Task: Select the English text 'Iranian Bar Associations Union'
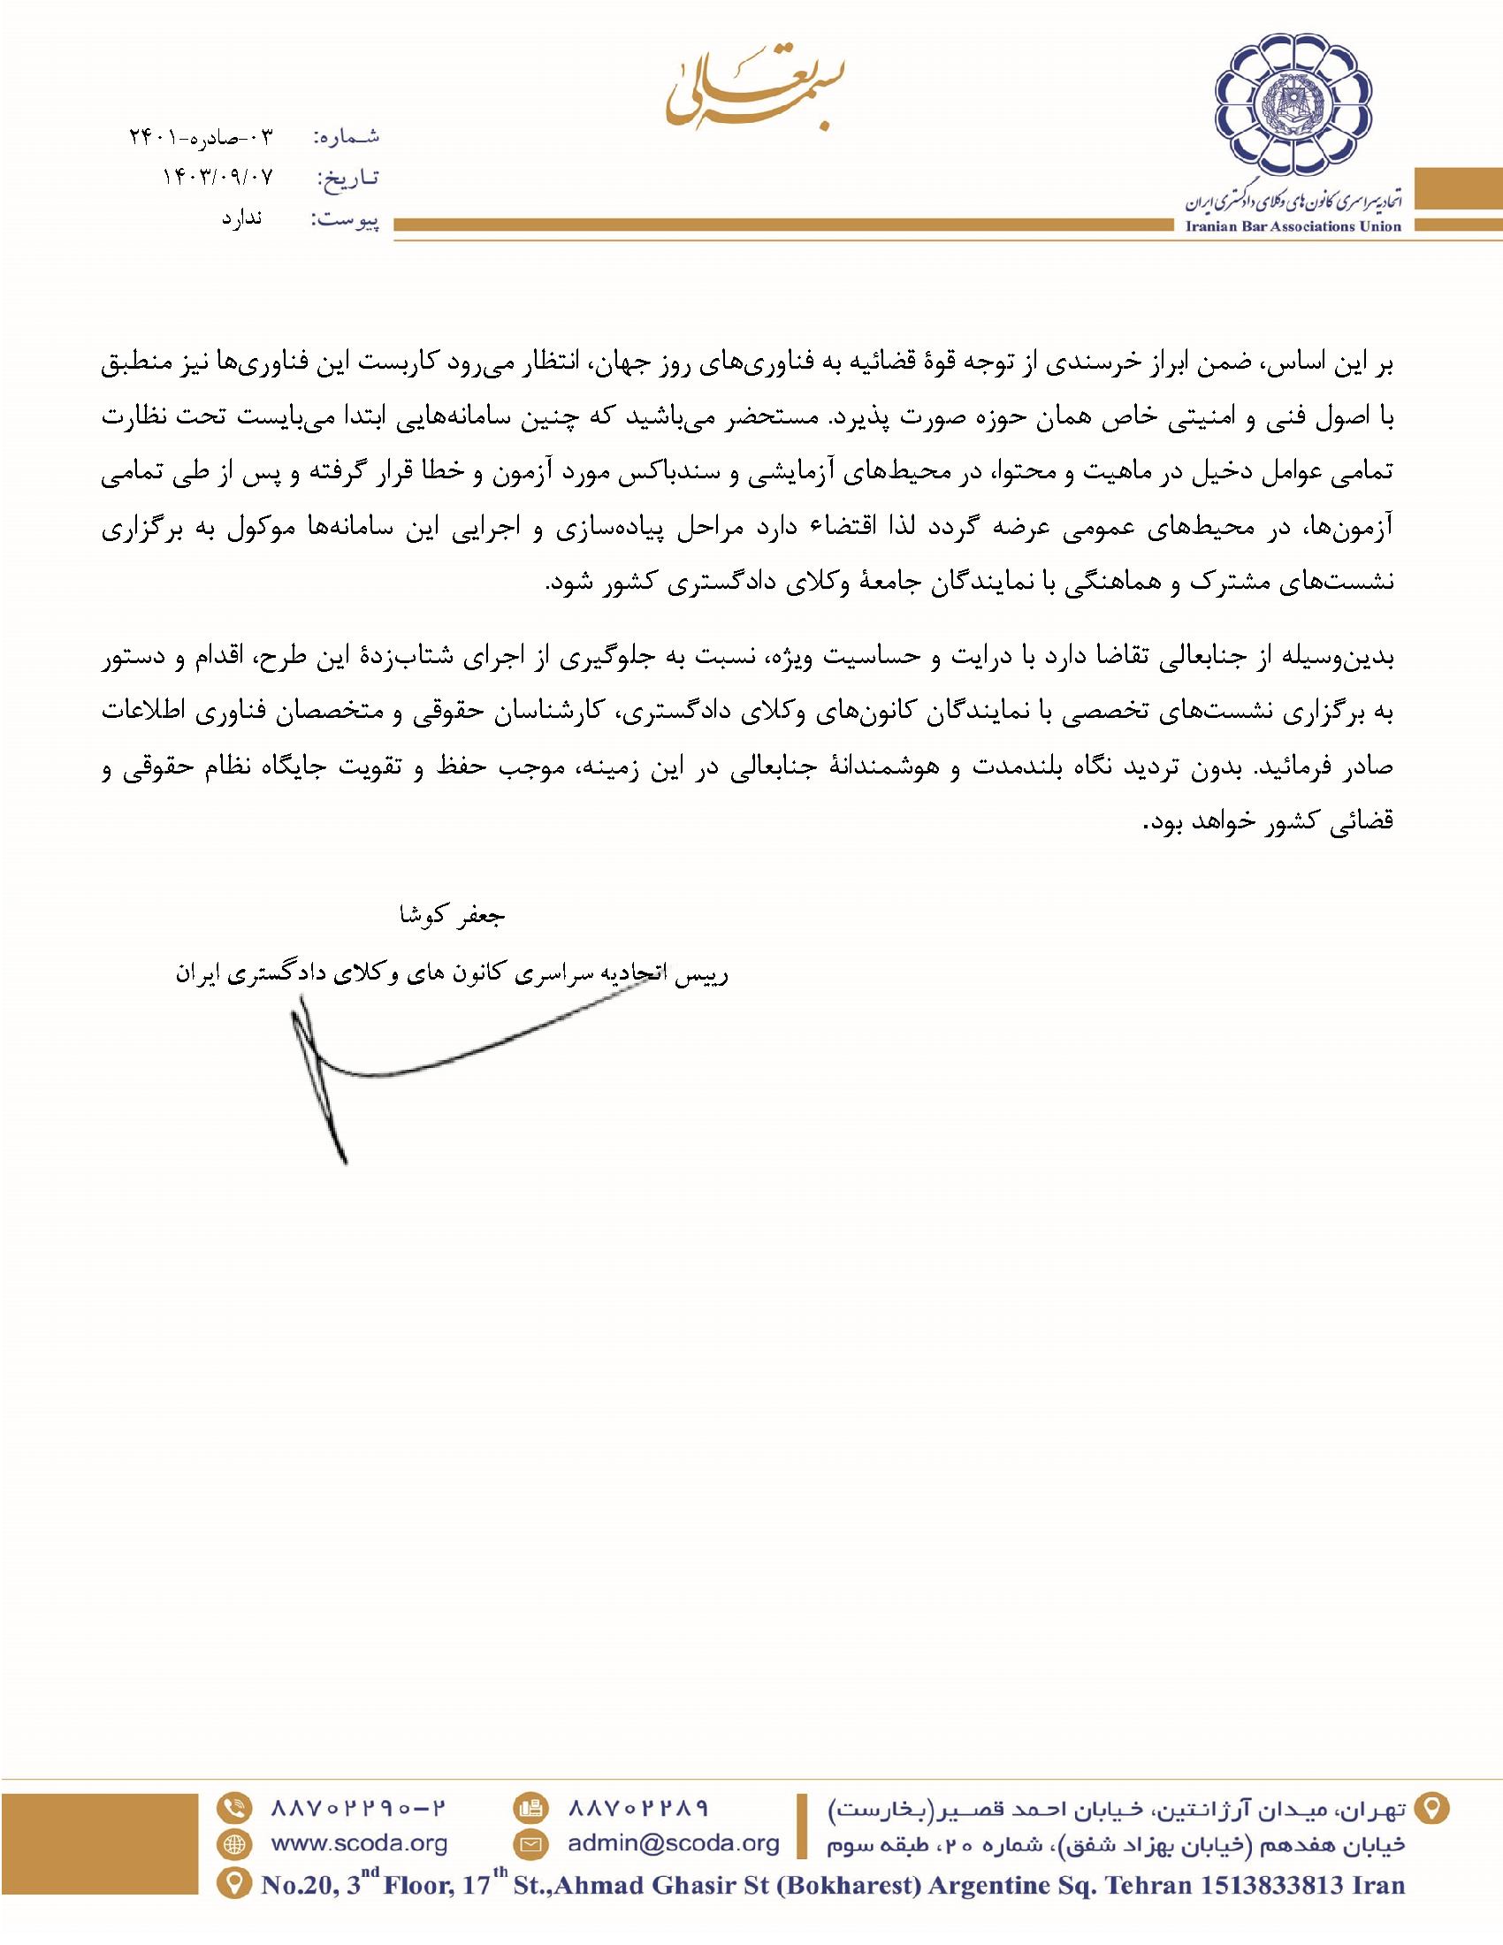click(x=1293, y=226)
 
